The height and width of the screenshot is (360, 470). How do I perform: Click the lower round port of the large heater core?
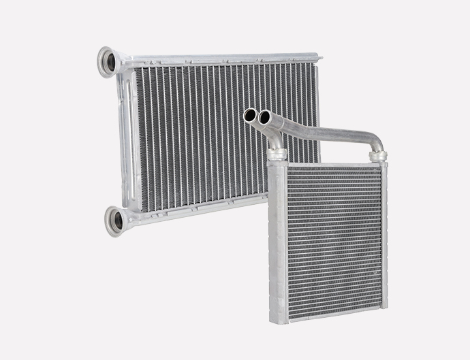tap(114, 222)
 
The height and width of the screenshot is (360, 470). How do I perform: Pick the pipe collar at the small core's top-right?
tap(378, 156)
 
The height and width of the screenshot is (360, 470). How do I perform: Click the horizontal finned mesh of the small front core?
tap(334, 238)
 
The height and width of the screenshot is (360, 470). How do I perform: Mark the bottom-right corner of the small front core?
tap(385, 308)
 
